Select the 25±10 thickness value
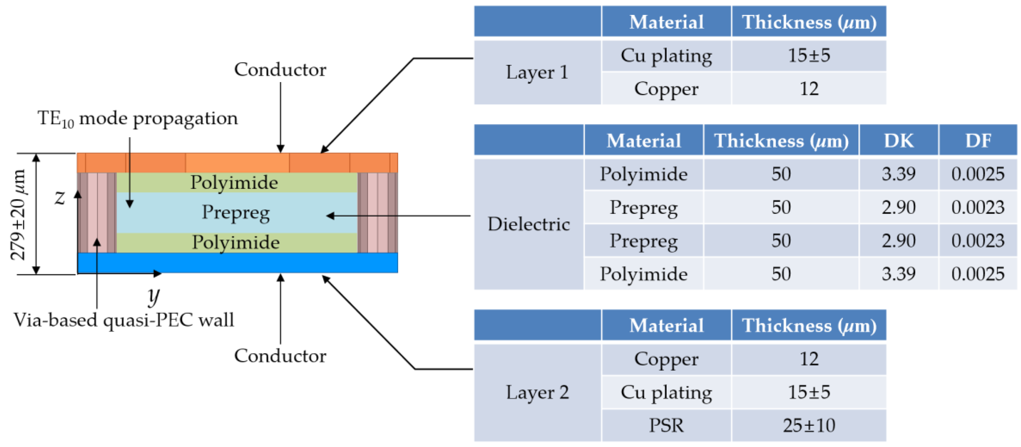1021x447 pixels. [x=809, y=425]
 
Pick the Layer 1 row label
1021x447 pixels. [x=537, y=73]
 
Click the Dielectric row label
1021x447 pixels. [x=529, y=224]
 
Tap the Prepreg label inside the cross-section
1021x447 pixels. [x=236, y=213]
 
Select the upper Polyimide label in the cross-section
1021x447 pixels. [x=234, y=182]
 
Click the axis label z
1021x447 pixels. [x=59, y=197]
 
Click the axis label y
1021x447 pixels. [x=153, y=296]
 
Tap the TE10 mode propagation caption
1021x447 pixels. [x=138, y=118]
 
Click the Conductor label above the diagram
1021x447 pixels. [x=280, y=70]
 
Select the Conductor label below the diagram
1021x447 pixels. [x=280, y=356]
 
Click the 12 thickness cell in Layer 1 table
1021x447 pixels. [x=809, y=88]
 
